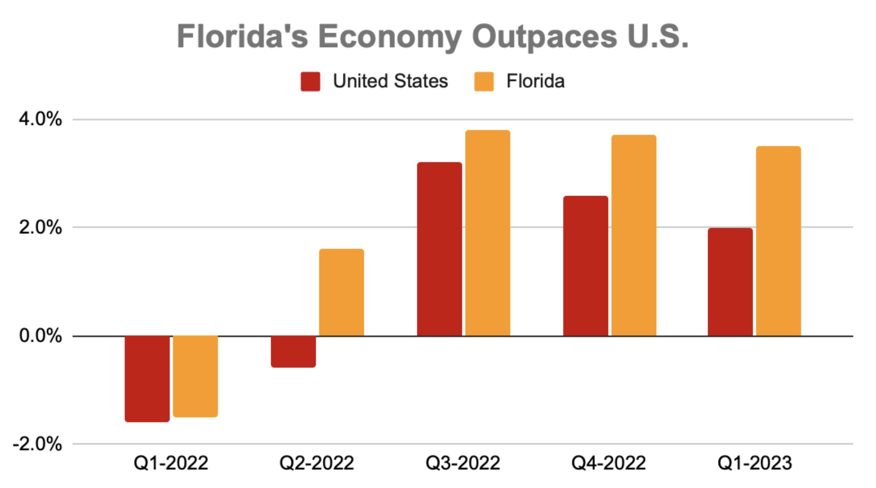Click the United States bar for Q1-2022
click(147, 378)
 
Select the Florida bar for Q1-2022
click(195, 376)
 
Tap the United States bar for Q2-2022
click(293, 352)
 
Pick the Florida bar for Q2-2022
click(342, 293)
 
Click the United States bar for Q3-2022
click(440, 249)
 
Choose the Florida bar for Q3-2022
click(488, 233)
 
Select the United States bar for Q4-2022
click(586, 266)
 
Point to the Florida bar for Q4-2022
click(634, 235)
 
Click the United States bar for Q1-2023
click(730, 282)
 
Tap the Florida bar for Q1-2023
click(779, 241)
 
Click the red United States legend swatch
click(311, 82)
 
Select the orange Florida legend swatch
click(484, 82)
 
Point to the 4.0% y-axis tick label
click(40, 119)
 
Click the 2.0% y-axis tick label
click(40, 227)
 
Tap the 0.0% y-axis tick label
click(40, 336)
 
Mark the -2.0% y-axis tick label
click(37, 444)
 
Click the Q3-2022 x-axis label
click(463, 463)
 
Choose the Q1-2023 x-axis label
click(754, 463)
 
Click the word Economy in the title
click(389, 37)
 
